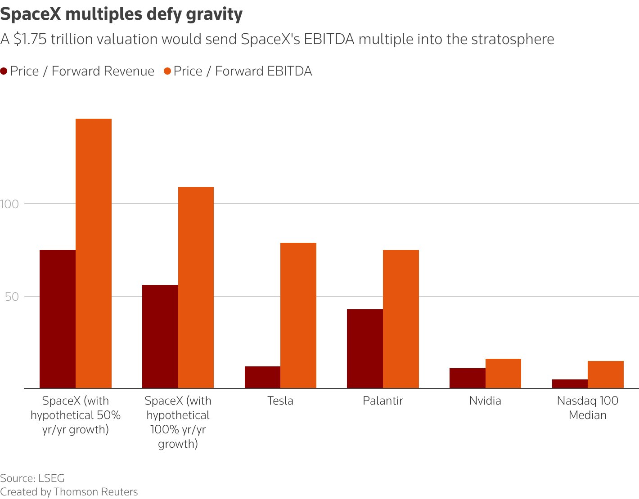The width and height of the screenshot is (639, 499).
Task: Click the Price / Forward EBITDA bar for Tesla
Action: tap(298, 315)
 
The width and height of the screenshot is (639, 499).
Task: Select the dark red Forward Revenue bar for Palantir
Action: tap(364, 348)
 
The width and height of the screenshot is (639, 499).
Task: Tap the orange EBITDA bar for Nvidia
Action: tap(503, 373)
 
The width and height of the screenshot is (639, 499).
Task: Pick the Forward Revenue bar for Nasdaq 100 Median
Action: tap(570, 383)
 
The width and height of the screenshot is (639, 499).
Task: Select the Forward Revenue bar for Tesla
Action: tap(262, 377)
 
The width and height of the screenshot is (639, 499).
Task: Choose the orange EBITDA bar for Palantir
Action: tap(400, 319)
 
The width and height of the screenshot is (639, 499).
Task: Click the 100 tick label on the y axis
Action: tap(9, 204)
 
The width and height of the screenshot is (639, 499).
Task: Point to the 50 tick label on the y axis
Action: tap(12, 296)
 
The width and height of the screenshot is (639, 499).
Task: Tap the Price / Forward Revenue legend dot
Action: tap(4, 71)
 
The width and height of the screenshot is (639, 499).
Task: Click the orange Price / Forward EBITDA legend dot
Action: tap(167, 71)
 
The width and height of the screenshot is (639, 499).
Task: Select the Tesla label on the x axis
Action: tap(280, 401)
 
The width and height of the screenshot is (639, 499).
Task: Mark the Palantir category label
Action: tap(383, 401)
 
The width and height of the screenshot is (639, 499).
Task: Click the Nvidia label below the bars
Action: tap(485, 401)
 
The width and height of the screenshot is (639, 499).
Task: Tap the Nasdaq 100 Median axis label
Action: tap(588, 408)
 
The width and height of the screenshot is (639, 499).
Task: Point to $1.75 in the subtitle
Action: tap(30, 40)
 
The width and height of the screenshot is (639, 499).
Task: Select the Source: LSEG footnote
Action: tap(32, 478)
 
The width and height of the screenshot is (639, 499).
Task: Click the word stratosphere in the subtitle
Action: tap(513, 40)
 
